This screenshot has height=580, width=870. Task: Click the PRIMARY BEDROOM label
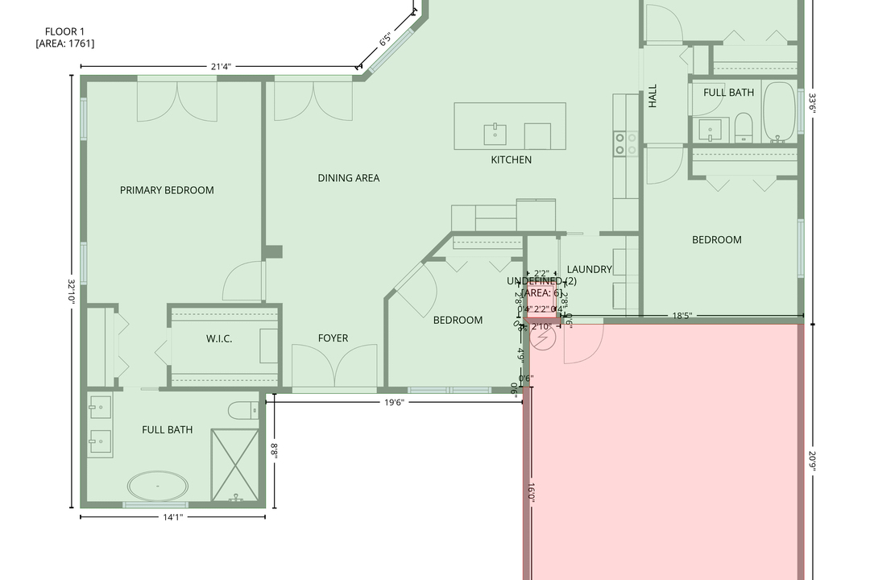pos(167,190)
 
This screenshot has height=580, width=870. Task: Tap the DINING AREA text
pos(348,178)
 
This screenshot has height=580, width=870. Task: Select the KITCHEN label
pos(511,159)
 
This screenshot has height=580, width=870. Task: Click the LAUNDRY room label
pos(589,269)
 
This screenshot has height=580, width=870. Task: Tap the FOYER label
pos(333,338)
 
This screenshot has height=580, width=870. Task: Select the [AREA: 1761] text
pos(64,43)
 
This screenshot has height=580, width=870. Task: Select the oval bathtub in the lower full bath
pos(158,487)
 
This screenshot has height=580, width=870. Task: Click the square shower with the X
pos(235,466)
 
